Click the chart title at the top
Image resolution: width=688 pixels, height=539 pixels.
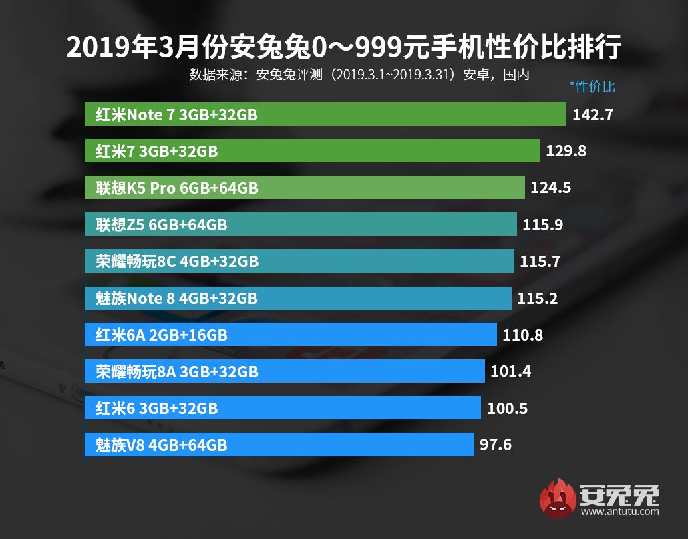344,47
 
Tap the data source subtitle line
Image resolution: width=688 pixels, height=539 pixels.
359,74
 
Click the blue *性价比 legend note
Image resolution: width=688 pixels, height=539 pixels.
592,86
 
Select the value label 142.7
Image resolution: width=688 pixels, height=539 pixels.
592,115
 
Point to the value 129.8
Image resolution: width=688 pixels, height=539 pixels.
566,151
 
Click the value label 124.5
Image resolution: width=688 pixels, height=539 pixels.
550,188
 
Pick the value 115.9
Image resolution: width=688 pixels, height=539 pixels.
543,224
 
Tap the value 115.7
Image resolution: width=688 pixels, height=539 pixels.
540,261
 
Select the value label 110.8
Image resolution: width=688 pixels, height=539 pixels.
523,334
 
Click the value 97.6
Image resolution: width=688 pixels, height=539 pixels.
496,443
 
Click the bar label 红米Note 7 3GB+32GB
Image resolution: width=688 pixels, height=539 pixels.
176,115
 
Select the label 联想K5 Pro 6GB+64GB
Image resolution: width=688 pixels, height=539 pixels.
176,188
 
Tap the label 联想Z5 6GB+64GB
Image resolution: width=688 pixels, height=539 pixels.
161,225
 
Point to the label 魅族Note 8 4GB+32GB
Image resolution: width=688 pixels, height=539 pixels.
176,298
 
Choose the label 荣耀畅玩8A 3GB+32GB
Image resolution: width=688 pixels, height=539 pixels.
176,371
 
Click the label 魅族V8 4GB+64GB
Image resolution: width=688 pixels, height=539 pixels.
161,444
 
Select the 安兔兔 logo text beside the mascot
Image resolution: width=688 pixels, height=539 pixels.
620,494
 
